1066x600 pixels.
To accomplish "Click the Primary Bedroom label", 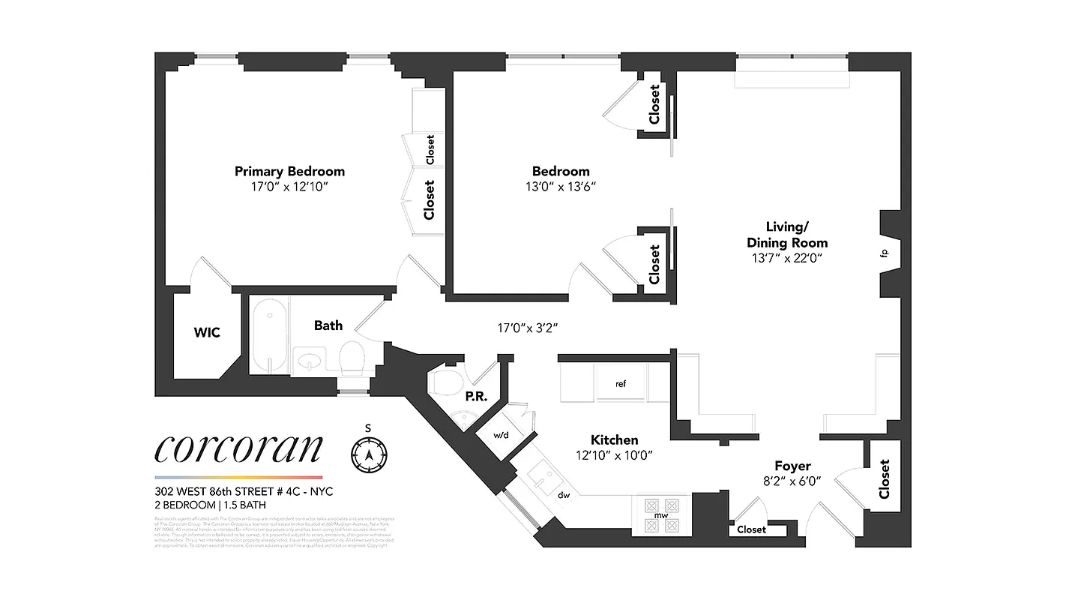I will (x=289, y=171).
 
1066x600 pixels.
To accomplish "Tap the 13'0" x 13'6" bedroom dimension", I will (x=561, y=187).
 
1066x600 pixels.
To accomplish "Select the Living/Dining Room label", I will (x=787, y=234).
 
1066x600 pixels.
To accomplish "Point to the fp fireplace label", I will (x=884, y=253).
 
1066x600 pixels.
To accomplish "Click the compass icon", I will (x=369, y=454).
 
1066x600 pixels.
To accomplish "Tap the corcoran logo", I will (x=238, y=448).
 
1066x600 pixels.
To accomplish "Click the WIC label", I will (x=207, y=332).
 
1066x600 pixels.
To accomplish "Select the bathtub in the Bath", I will (x=268, y=335).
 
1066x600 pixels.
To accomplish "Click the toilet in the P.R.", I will (x=447, y=382).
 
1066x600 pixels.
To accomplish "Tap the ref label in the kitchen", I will (x=620, y=384).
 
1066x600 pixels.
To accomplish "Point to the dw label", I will (x=564, y=495).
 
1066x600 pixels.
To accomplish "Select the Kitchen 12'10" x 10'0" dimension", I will (x=614, y=454).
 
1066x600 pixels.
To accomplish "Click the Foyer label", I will (x=792, y=466).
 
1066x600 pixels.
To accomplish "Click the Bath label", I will (x=328, y=325).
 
